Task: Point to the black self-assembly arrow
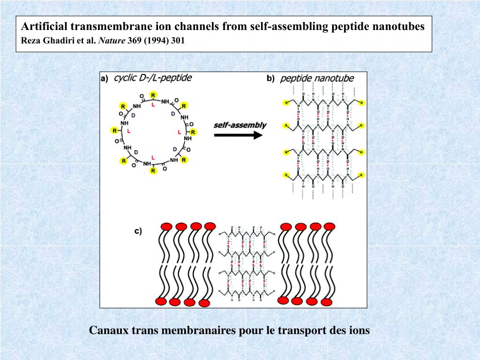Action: tap(238, 135)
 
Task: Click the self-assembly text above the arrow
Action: tap(240, 125)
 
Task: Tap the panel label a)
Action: tap(105, 79)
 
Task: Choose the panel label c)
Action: tap(138, 231)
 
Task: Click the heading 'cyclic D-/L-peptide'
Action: tap(153, 78)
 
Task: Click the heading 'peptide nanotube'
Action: tap(317, 78)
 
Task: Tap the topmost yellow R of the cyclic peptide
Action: tap(153, 96)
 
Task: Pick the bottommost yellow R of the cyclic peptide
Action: tap(153, 171)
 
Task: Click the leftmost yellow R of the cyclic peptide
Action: tap(113, 130)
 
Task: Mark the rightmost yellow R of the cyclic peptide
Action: tap(193, 133)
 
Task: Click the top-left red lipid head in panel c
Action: tap(166, 227)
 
